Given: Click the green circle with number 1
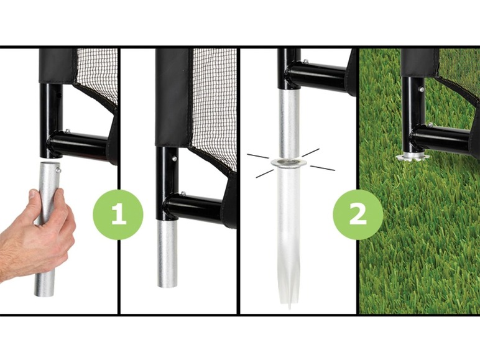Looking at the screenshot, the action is coord(118,215).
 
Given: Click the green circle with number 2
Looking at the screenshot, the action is coord(358,215).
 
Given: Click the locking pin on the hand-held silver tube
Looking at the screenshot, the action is coord(58,170).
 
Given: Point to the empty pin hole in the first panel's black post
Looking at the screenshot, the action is coord(59,95).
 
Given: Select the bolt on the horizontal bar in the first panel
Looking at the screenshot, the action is coord(67,132).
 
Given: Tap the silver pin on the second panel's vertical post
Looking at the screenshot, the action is coord(174,159).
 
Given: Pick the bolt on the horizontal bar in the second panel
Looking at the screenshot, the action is coord(183,193).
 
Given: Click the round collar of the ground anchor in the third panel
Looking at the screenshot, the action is coord(287,162).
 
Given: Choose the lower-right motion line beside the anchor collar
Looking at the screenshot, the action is coord(322,168).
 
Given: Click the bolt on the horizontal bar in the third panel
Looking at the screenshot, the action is coord(305,62).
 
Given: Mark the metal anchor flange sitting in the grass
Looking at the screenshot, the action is coord(412,157).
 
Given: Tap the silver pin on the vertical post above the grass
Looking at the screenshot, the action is coord(421,90).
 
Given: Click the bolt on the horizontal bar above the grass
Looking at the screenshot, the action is coord(431,125).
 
